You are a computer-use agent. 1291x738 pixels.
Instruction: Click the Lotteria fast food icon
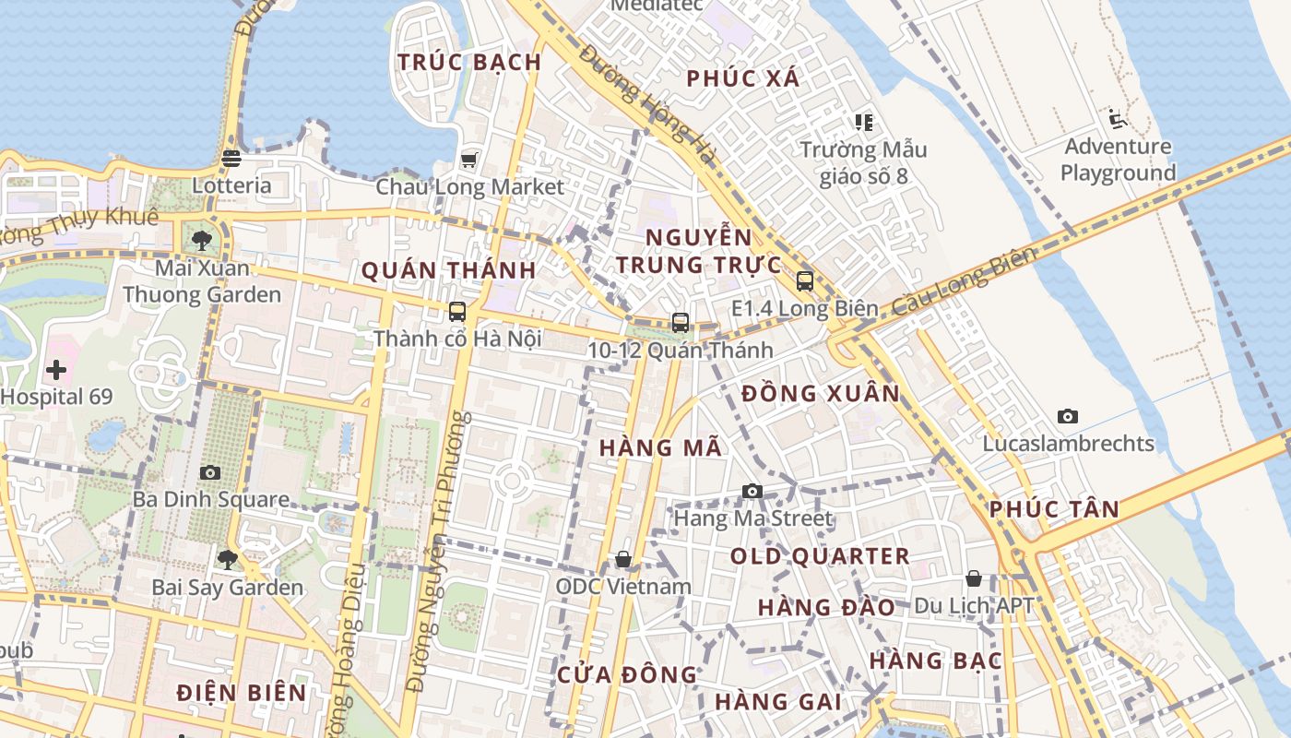click(231, 159)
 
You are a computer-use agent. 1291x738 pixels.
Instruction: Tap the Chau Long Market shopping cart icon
click(468, 161)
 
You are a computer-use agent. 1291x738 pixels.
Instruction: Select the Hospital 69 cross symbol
click(56, 370)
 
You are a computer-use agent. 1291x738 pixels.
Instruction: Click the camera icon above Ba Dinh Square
click(210, 472)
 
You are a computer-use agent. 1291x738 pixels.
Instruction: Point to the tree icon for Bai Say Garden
click(227, 560)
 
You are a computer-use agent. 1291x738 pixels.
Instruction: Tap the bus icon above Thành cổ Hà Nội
click(456, 312)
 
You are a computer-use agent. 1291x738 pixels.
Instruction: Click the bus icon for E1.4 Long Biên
click(804, 281)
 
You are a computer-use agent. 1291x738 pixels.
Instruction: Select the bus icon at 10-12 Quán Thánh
click(681, 323)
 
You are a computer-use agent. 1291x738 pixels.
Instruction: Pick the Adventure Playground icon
click(1118, 119)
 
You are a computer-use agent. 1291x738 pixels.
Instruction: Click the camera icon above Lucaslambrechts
click(1068, 416)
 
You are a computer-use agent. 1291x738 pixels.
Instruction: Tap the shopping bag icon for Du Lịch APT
click(974, 578)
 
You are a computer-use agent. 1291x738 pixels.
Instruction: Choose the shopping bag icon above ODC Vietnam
click(623, 559)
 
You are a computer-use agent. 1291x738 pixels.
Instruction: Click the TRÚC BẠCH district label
click(469, 63)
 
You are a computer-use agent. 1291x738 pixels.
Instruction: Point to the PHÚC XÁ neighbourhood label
click(743, 79)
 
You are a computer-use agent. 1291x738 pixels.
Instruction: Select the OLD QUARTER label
click(820, 556)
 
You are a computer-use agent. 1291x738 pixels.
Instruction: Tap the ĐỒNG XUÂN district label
click(820, 394)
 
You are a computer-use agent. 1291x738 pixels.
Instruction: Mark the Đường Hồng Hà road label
click(647, 104)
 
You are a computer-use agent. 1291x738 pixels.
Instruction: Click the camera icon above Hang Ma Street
click(752, 491)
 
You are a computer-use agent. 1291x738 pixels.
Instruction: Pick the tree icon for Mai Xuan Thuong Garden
click(202, 241)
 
